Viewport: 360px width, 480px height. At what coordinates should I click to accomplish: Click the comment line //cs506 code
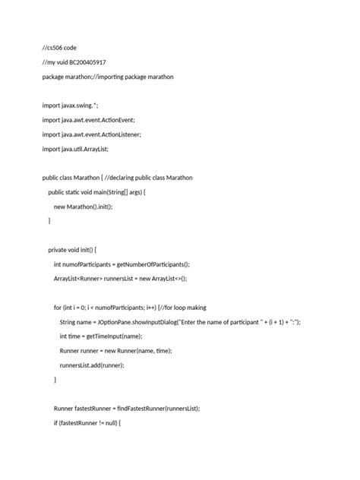(59, 48)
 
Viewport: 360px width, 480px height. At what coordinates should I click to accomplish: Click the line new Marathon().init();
(88, 207)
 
